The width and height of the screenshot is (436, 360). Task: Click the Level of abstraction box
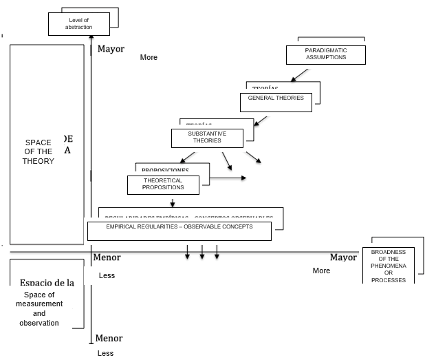tap(78, 24)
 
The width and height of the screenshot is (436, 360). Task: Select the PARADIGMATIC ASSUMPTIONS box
tap(325, 54)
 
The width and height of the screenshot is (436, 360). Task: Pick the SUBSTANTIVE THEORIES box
tap(207, 137)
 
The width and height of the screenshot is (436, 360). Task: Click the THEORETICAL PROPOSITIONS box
tap(163, 184)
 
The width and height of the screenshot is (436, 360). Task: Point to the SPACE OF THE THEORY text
tap(37, 151)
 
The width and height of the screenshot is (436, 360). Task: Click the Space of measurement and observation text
tap(39, 308)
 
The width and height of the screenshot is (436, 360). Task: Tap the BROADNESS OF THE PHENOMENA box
tap(389, 266)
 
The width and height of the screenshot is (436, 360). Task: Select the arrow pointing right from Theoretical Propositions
tap(228, 178)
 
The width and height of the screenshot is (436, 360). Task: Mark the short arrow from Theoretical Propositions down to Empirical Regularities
tap(173, 202)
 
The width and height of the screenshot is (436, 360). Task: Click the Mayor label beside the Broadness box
tap(343, 257)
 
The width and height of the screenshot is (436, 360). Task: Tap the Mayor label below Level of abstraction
tap(111, 49)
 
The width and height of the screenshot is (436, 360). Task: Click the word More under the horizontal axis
tap(321, 271)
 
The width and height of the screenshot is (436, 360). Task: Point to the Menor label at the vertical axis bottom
tap(109, 338)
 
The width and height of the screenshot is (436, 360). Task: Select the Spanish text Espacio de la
tap(46, 282)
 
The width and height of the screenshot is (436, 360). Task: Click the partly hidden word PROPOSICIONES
tap(165, 170)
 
